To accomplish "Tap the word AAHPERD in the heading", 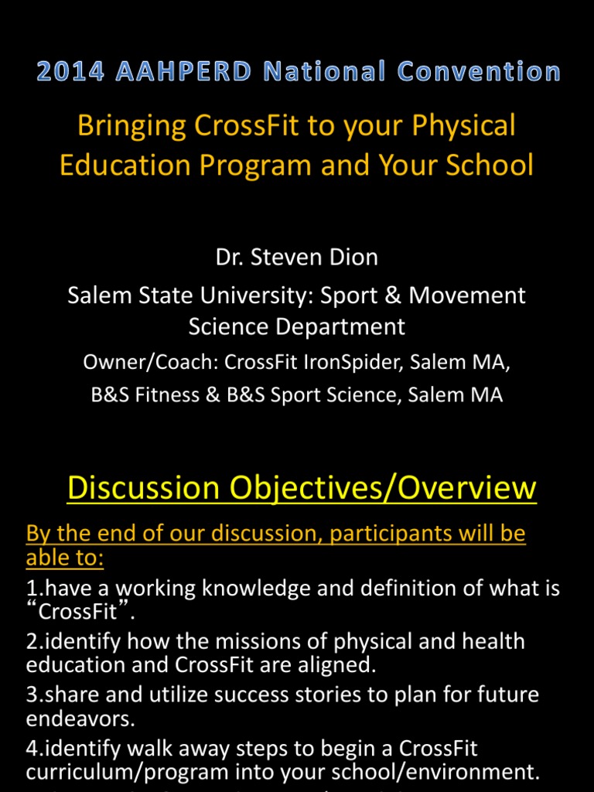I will click(185, 73).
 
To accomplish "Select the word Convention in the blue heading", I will click(480, 73).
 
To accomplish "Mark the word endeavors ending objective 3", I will click(77, 719).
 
